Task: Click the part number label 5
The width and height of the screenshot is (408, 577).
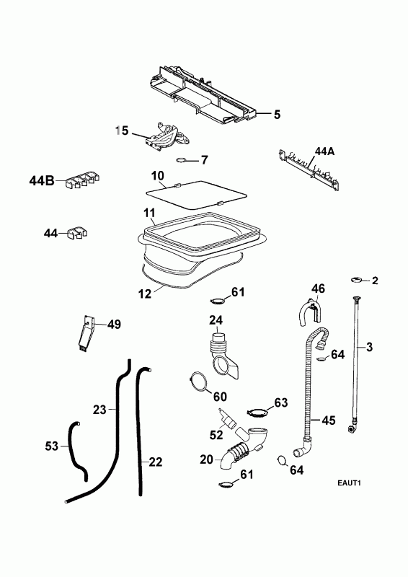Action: [277, 115]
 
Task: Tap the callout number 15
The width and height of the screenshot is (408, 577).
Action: [122, 131]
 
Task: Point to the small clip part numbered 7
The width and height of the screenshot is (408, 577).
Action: [182, 159]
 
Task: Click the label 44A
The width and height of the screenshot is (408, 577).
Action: [324, 151]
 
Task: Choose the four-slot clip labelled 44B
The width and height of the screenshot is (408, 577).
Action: [83, 181]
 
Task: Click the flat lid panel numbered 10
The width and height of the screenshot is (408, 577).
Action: [197, 195]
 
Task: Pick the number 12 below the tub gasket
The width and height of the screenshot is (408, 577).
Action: [145, 294]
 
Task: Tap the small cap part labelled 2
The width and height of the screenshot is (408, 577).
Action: [356, 280]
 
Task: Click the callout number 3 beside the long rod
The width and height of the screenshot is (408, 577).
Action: [369, 347]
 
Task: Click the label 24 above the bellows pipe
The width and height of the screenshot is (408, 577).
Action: [216, 320]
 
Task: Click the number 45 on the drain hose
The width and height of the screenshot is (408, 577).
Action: [328, 420]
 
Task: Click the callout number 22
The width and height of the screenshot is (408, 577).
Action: [155, 462]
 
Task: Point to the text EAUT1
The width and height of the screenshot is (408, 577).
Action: [349, 483]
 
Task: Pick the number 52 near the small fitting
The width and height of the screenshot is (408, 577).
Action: [216, 435]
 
